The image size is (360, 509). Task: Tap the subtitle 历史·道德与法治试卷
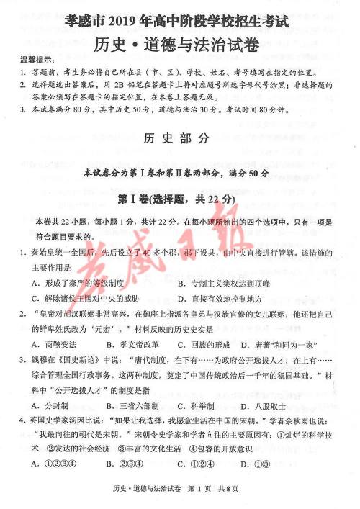180,43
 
